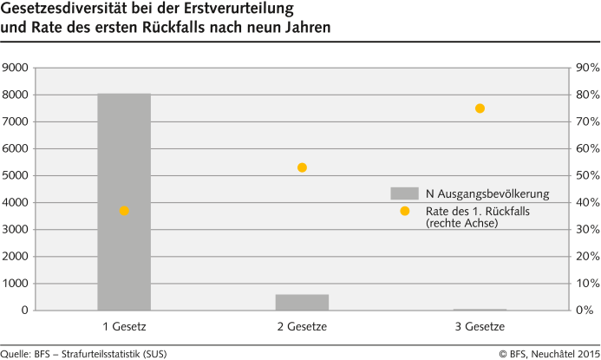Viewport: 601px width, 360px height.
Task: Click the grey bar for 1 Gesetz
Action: pyautogui.click(x=124, y=201)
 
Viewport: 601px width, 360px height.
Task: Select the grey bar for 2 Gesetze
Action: pyautogui.click(x=302, y=302)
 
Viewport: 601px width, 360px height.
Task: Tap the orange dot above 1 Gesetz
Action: pyautogui.click(x=124, y=211)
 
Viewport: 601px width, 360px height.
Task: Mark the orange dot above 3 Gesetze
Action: pyautogui.click(x=480, y=108)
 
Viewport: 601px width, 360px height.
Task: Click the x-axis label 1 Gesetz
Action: pyautogui.click(x=124, y=326)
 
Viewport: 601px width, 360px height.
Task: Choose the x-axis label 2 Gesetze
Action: pyautogui.click(x=302, y=326)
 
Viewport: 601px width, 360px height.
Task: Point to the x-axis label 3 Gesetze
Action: pyautogui.click(x=480, y=326)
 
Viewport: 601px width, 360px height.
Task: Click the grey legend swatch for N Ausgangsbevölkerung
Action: pyautogui.click(x=404, y=193)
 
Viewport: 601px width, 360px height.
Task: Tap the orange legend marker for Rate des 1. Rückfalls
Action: pyautogui.click(x=404, y=211)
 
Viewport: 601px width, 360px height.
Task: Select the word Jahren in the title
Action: pyautogui.click(x=304, y=28)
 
